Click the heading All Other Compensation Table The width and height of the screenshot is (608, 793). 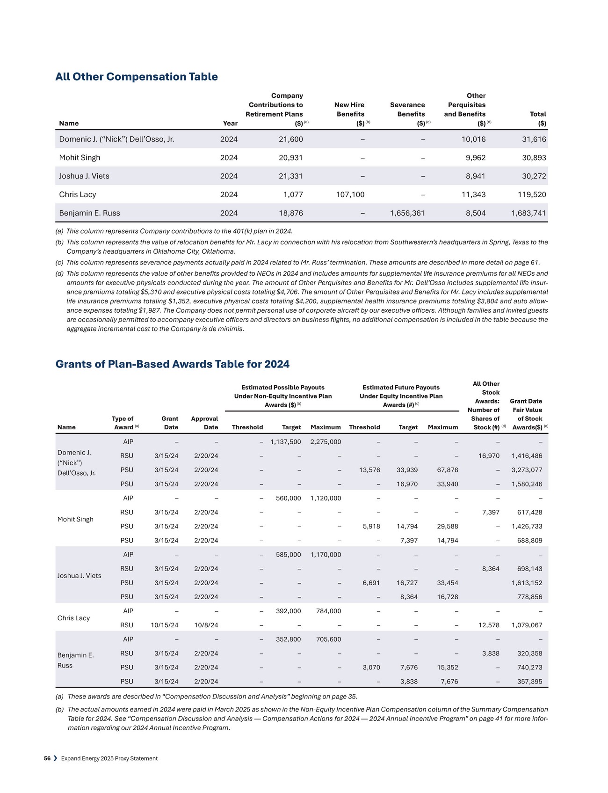[137, 77]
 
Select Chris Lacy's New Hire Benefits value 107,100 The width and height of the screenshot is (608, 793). [350, 194]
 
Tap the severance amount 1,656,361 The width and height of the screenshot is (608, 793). [407, 213]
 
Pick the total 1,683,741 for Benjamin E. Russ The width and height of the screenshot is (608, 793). [528, 213]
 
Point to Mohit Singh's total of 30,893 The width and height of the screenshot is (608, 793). [534, 158]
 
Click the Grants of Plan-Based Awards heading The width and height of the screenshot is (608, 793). [173, 364]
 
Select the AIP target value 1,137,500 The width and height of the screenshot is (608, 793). [285, 442]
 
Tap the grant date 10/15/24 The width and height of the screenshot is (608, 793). [164, 625]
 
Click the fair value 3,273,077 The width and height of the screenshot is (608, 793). [527, 470]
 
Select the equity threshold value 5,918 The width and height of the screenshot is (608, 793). [371, 526]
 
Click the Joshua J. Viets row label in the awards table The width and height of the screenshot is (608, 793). [79, 576]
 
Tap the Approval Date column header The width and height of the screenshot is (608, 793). [204, 423]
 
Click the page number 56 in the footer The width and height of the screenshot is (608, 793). [47, 758]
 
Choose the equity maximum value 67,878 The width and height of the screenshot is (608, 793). [447, 470]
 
